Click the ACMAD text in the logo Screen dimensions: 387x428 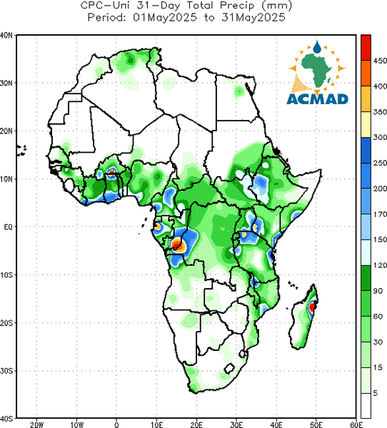[317, 99]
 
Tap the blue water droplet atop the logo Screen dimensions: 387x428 [317, 47]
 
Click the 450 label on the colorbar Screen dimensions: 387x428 [380, 61]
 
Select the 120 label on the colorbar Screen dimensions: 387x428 [380, 265]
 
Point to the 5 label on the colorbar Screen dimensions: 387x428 [376, 393]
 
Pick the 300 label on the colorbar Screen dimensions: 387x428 [380, 137]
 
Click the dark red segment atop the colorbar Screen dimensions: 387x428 [366, 47]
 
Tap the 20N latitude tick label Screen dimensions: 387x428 [6, 131]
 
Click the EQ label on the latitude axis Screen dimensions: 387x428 [8, 227]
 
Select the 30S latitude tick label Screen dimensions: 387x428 [6, 371]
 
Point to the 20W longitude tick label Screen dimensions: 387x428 [36, 424]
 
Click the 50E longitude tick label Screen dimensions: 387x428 [316, 424]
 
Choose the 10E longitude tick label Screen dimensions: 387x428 [156, 424]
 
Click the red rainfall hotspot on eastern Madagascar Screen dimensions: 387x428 [312, 307]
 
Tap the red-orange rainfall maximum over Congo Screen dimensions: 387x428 [177, 244]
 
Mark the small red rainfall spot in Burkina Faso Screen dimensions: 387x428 [111, 172]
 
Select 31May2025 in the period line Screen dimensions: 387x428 [253, 18]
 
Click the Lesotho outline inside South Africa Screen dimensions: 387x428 [229, 369]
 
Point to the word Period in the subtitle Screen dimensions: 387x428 [106, 18]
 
